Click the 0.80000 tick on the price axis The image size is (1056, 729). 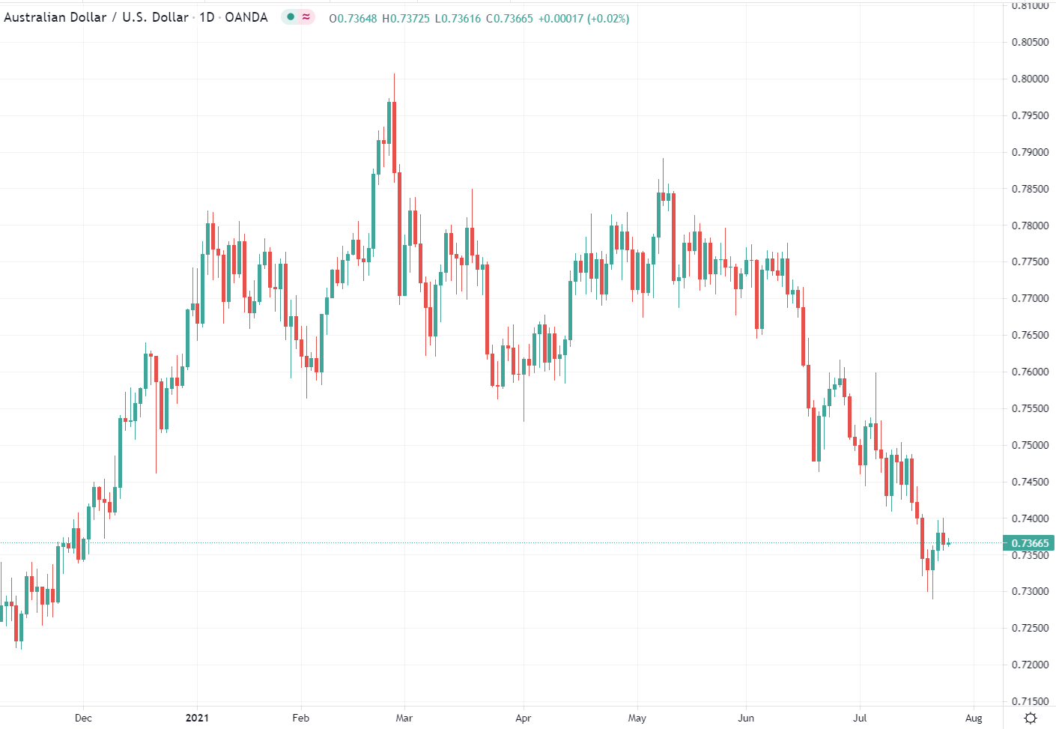pyautogui.click(x=1030, y=79)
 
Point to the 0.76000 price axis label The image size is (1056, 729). pyautogui.click(x=1030, y=372)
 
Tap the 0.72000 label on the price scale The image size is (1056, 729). pyautogui.click(x=1030, y=665)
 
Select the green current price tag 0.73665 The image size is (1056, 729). pyautogui.click(x=1029, y=543)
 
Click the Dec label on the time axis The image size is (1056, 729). pyautogui.click(x=83, y=718)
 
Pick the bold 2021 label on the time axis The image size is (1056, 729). pyautogui.click(x=197, y=718)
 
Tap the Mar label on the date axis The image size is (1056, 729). pyautogui.click(x=404, y=718)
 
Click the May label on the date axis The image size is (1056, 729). pyautogui.click(x=637, y=718)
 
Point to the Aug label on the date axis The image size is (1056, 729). pyautogui.click(x=974, y=718)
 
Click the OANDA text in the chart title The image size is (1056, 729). pyautogui.click(x=246, y=17)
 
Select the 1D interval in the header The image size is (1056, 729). pyautogui.click(x=207, y=17)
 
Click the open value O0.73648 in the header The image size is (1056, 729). pyautogui.click(x=353, y=18)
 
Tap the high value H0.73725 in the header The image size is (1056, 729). pyautogui.click(x=406, y=18)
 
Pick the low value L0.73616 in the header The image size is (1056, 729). pyautogui.click(x=458, y=18)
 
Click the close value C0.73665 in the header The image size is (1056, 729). pyautogui.click(x=509, y=18)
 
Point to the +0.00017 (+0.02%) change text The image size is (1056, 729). pyautogui.click(x=583, y=18)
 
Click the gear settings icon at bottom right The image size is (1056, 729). pyautogui.click(x=1031, y=718)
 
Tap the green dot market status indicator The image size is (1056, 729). pyautogui.click(x=291, y=16)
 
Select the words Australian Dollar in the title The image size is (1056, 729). pyautogui.click(x=55, y=17)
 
